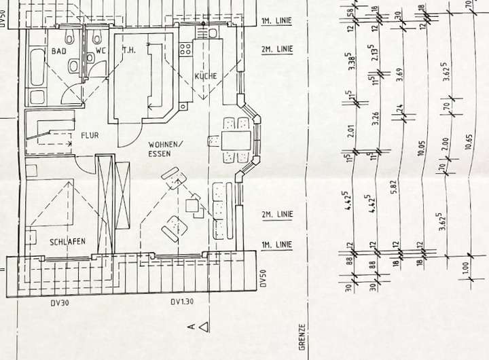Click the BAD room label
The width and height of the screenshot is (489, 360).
pos(58,51)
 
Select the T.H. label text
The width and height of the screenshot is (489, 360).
pos(129,50)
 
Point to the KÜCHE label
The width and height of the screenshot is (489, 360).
pos(205,76)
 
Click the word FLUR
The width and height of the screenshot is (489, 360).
pos(90,136)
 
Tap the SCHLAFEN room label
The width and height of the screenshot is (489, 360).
pos(70,242)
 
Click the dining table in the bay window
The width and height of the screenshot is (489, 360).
pos(234,139)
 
